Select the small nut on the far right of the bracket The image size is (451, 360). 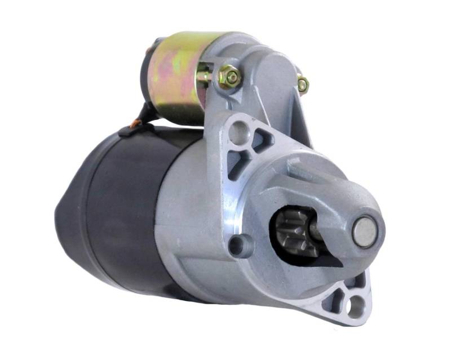[303, 85]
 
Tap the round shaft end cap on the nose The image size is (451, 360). [364, 231]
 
